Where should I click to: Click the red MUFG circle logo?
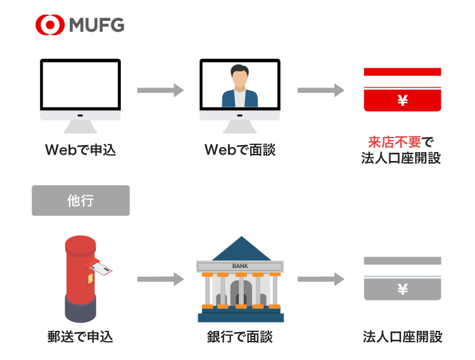click(50, 25)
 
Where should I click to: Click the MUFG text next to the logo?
click(96, 25)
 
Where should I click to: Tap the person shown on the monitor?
click(240, 89)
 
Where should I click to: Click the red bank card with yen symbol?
click(402, 89)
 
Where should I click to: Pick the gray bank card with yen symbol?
click(402, 279)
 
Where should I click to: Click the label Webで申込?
click(80, 150)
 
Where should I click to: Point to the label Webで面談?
click(240, 150)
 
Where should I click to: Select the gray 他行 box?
click(80, 200)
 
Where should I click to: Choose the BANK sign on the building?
click(240, 266)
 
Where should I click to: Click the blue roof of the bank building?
click(240, 251)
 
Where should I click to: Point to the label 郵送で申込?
click(80, 337)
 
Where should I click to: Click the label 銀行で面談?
click(240, 337)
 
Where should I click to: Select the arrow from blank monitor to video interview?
click(160, 90)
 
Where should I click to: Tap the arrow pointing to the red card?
click(320, 90)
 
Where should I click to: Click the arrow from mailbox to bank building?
click(160, 279)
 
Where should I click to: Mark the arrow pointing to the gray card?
click(320, 279)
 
